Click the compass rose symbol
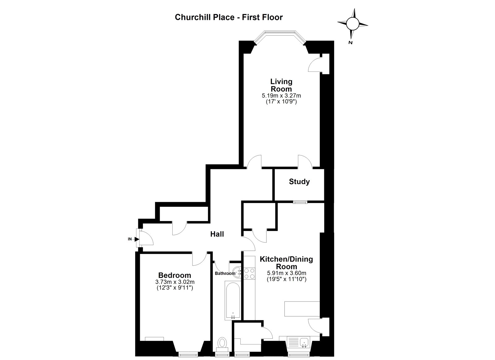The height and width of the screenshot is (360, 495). [353, 24]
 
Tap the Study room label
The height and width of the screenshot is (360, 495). [299, 182]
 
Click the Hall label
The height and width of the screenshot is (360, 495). [217, 234]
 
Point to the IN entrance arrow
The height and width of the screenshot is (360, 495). [137, 239]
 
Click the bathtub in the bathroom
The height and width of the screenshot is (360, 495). [233, 300]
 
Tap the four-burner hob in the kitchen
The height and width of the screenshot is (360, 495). [249, 274]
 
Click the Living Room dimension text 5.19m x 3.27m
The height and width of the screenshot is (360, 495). [281, 96]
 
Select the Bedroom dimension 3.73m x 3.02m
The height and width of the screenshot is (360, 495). [175, 282]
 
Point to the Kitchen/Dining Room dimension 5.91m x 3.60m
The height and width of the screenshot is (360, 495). [286, 273]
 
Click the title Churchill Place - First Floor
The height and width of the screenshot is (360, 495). [229, 17]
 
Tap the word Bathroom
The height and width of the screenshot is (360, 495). [225, 273]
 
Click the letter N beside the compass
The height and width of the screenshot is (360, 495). [350, 43]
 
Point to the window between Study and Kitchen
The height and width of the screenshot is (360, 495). [300, 202]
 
